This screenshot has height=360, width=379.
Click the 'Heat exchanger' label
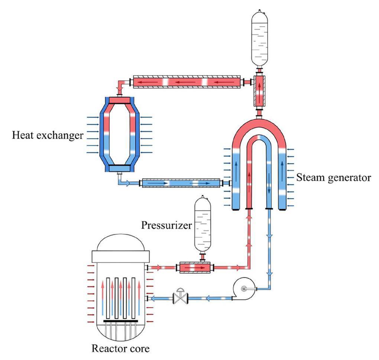pyautogui.click(x=48, y=135)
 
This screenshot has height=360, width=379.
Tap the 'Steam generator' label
pyautogui.click(x=333, y=178)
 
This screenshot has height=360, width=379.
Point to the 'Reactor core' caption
pyautogui.click(x=121, y=348)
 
